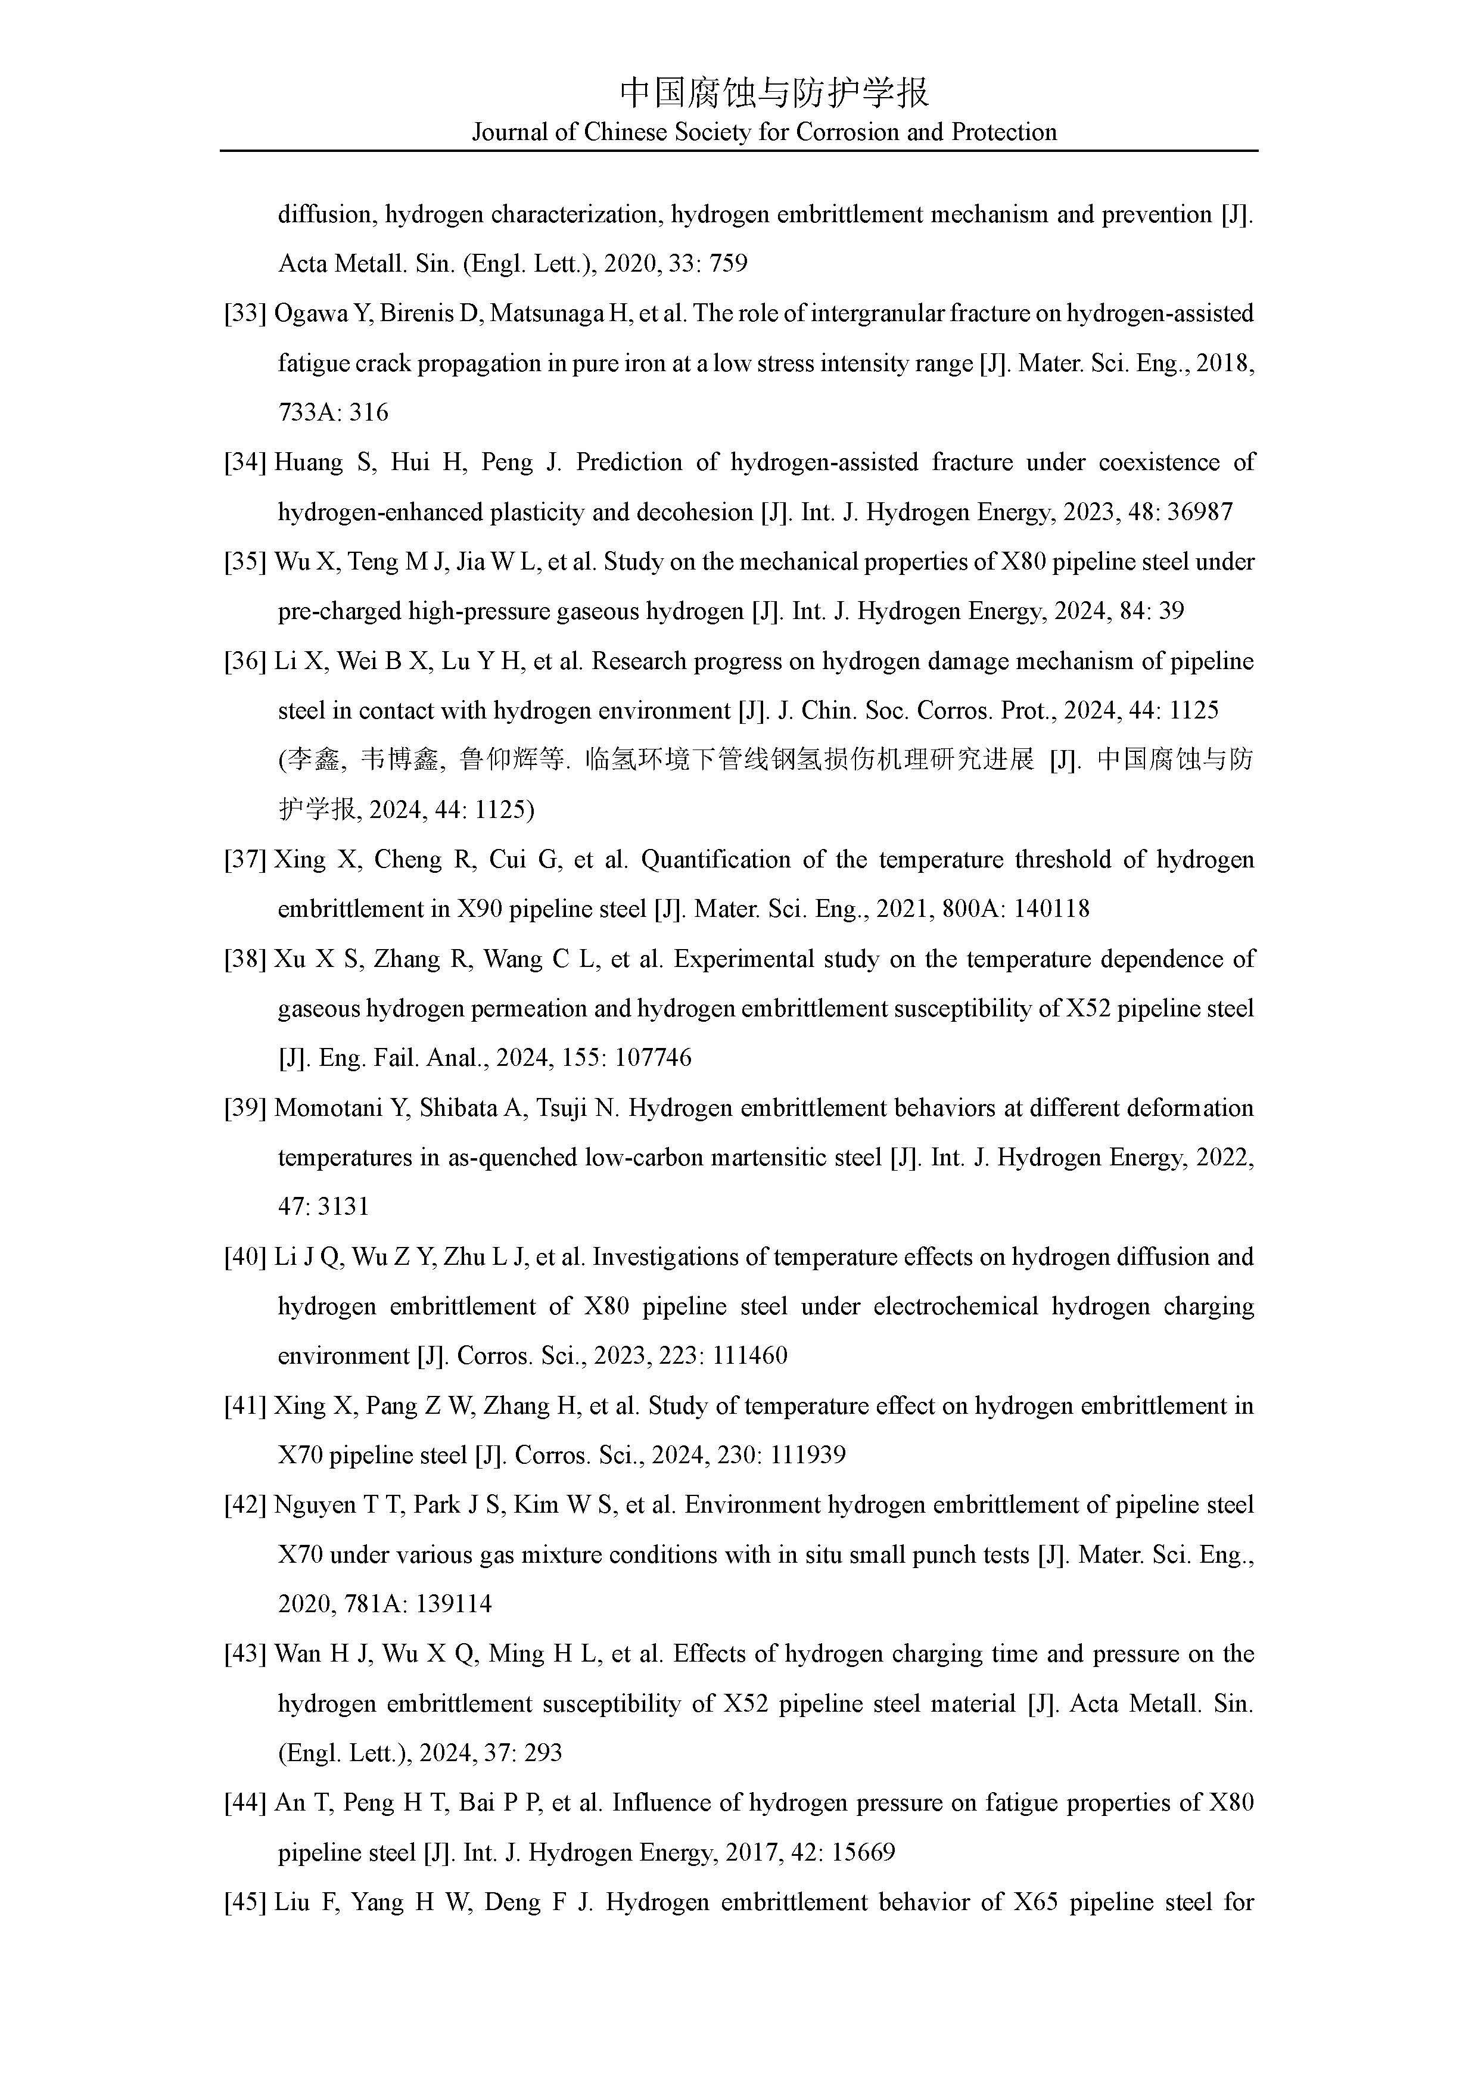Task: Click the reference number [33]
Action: click(245, 314)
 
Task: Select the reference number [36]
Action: click(245, 662)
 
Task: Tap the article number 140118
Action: click(1056, 909)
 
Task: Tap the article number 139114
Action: click(453, 1605)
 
